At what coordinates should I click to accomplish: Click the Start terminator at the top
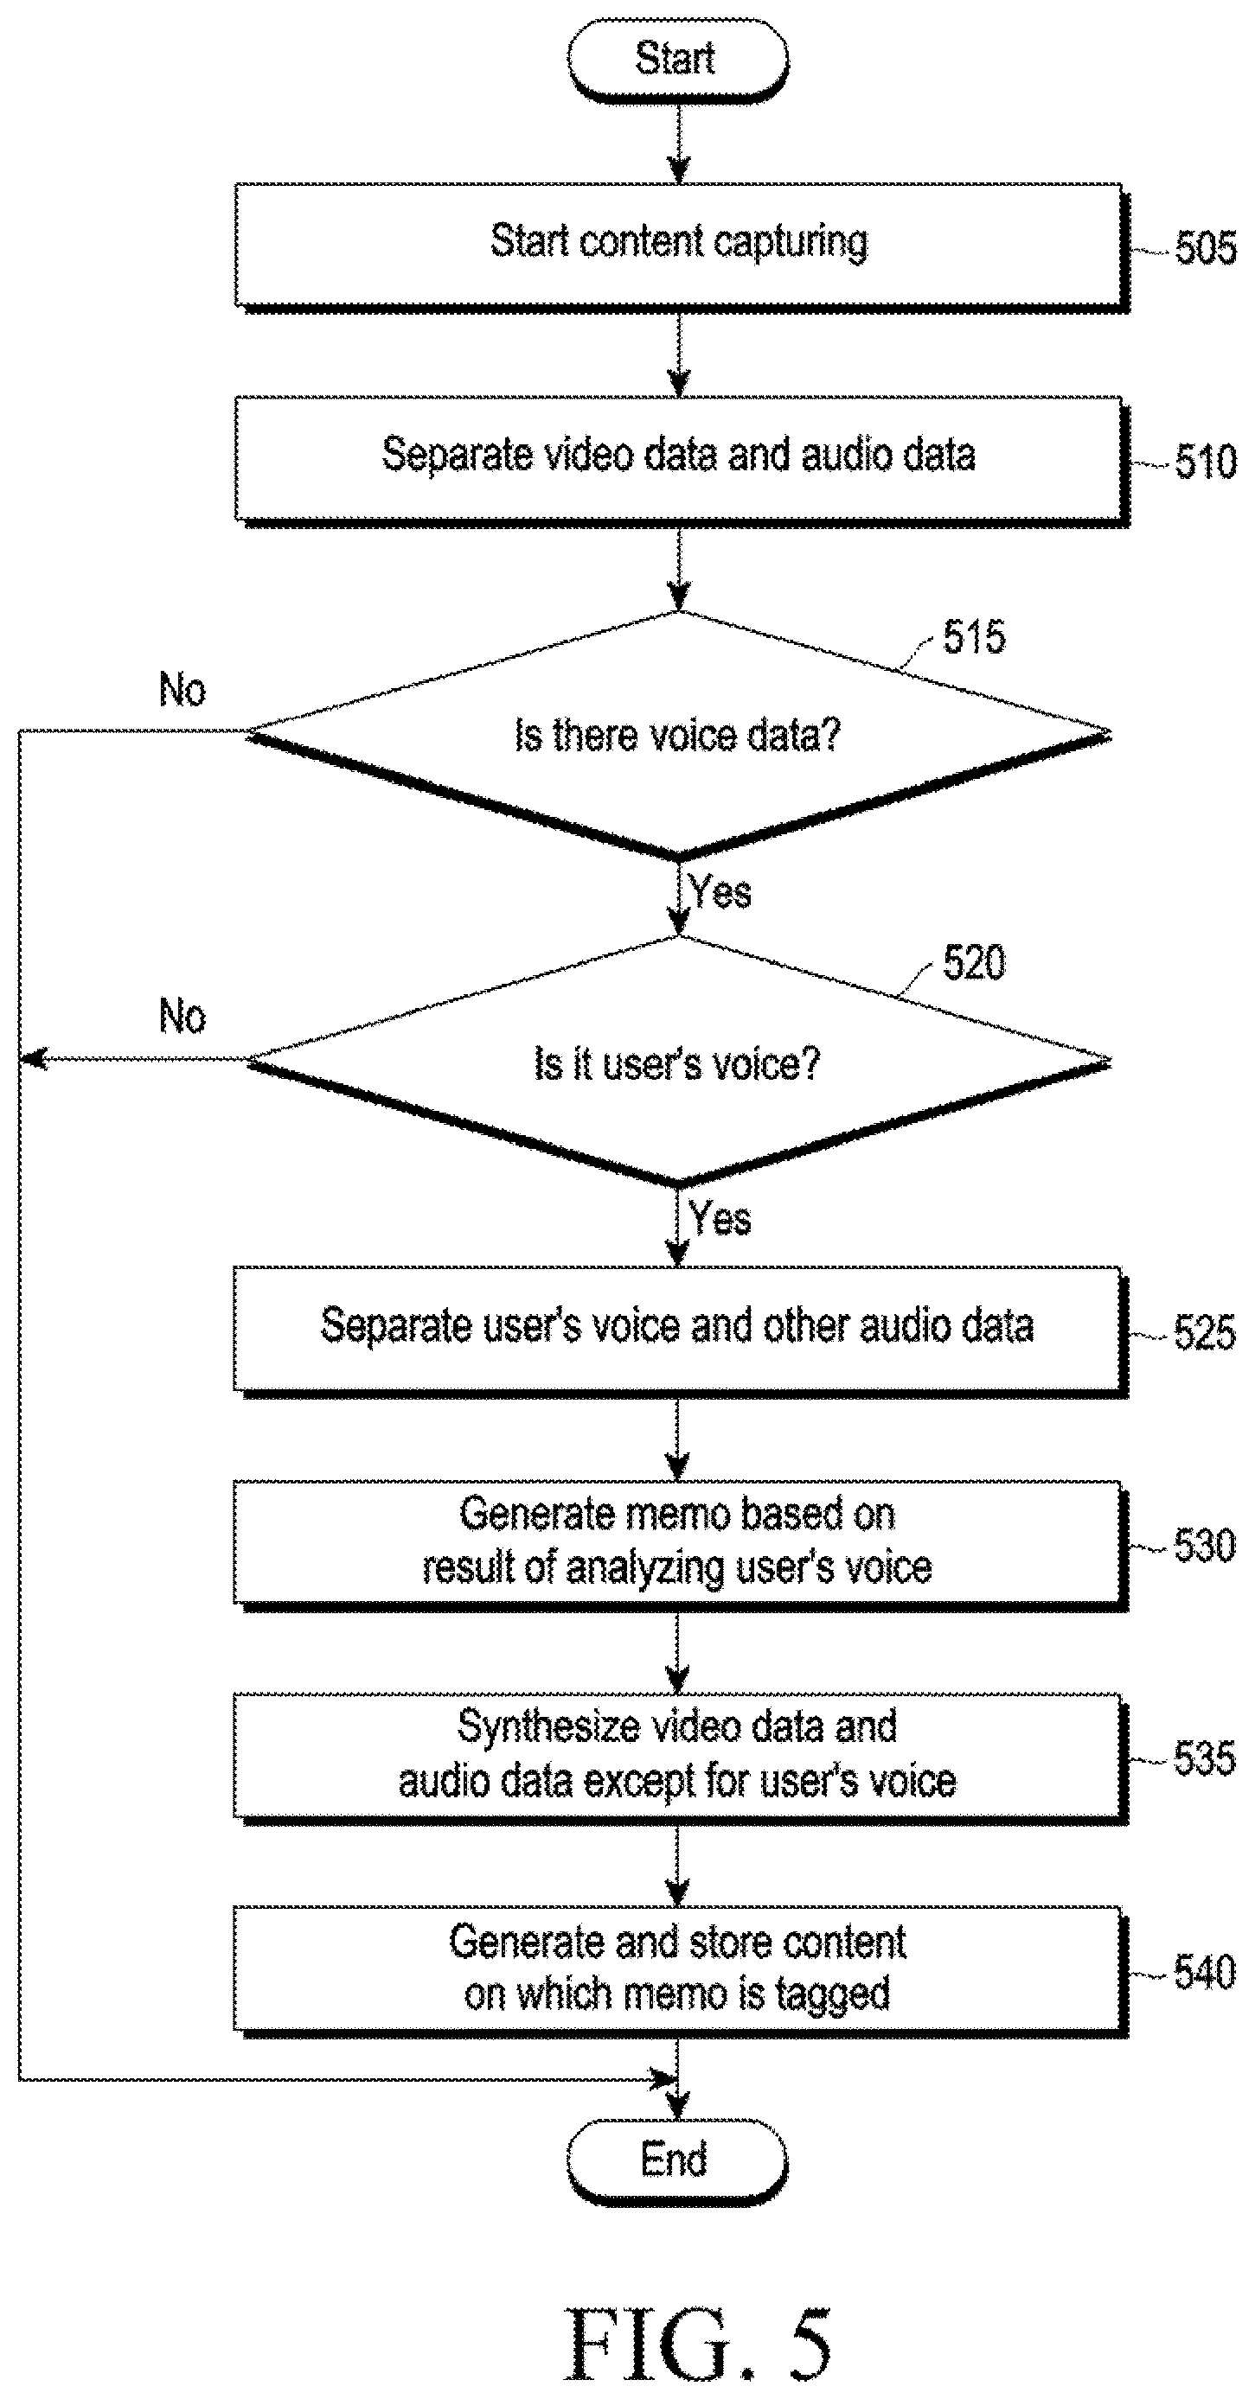tap(678, 60)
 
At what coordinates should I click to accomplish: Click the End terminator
tap(677, 2160)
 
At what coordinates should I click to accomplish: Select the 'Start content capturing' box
tap(680, 246)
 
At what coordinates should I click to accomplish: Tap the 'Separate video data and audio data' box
tap(680, 461)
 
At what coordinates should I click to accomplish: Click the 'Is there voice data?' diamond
tap(678, 735)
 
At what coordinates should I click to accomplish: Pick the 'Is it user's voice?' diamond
tap(678, 1062)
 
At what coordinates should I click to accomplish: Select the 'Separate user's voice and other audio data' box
tap(679, 1331)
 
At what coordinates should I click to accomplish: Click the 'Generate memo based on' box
tap(679, 1545)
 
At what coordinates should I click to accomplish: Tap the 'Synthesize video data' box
tap(679, 1758)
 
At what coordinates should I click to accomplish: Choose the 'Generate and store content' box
tap(679, 1972)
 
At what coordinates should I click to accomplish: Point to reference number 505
tap(1206, 249)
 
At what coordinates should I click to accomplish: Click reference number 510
tap(1206, 462)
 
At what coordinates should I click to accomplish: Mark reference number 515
tap(975, 637)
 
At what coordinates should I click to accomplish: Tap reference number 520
tap(975, 962)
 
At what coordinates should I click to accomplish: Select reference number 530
tap(1205, 1546)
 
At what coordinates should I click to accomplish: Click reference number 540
tap(1205, 1973)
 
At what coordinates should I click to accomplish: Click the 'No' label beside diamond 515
tap(182, 690)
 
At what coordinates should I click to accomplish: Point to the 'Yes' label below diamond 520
tap(720, 1218)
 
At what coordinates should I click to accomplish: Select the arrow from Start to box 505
tap(679, 143)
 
